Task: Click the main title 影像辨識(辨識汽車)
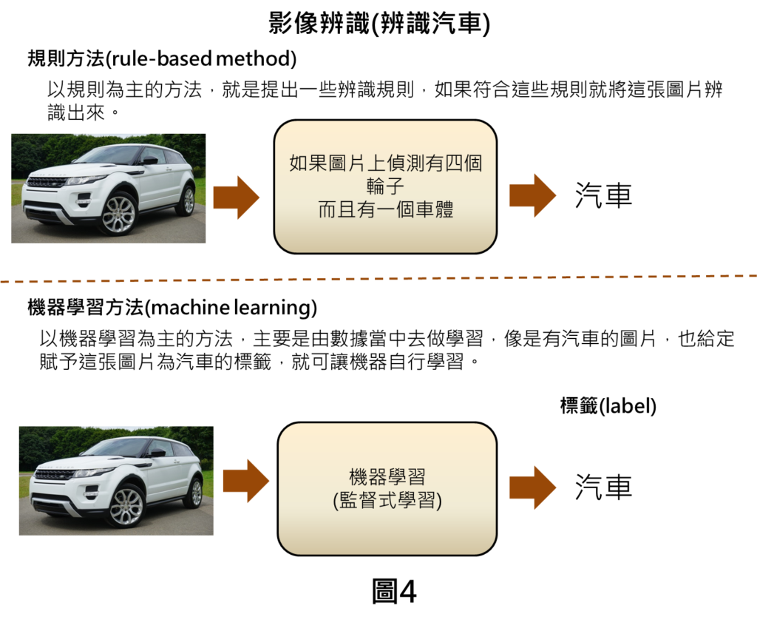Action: (379, 23)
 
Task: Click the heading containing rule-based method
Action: (162, 58)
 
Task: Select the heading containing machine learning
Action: (172, 307)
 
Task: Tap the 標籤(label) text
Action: (608, 406)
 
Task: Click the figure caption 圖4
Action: (394, 591)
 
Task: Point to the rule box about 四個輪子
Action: (385, 186)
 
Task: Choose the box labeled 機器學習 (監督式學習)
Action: (387, 489)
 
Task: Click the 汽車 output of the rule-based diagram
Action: (603, 195)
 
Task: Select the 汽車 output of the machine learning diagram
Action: (603, 487)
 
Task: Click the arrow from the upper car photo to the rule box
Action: (237, 197)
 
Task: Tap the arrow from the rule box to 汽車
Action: (533, 195)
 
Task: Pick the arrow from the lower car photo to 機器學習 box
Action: (246, 481)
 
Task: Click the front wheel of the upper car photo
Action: (118, 213)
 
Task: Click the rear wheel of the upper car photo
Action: (188, 200)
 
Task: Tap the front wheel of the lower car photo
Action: (126, 506)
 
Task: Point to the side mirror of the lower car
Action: (157, 453)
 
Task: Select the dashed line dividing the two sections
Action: (378, 278)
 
